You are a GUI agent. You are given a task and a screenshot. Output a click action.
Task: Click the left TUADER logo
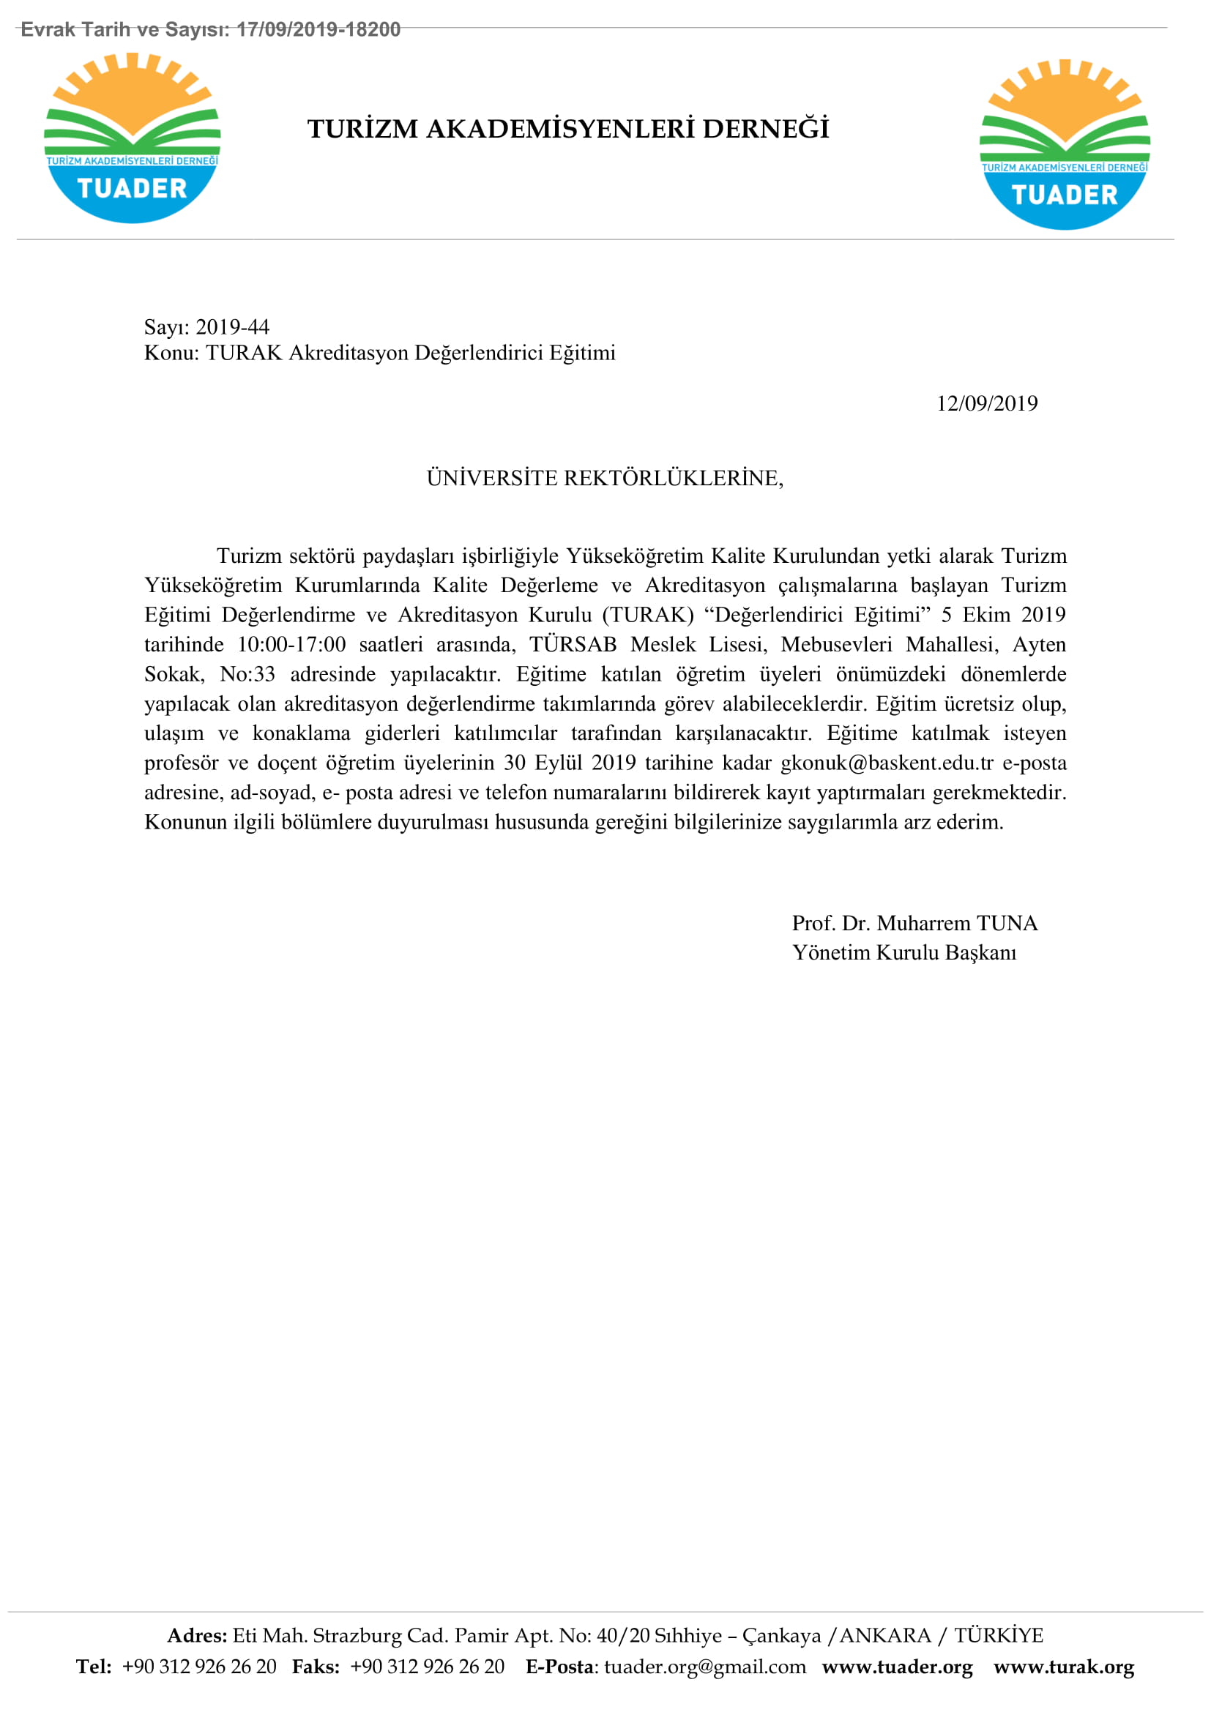click(x=132, y=138)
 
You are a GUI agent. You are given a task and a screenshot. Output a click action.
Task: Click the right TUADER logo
click(x=1064, y=144)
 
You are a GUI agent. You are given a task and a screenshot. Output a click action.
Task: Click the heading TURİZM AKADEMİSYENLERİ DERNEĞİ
click(x=568, y=129)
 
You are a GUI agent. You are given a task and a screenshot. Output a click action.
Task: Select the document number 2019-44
click(x=232, y=326)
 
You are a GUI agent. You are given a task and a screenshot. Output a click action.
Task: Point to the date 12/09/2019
click(x=986, y=403)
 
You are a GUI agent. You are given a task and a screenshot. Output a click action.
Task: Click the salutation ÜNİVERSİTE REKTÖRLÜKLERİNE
click(x=605, y=478)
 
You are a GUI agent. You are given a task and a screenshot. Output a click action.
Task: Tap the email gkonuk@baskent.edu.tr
click(x=887, y=763)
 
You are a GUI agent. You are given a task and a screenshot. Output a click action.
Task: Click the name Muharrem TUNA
click(x=957, y=923)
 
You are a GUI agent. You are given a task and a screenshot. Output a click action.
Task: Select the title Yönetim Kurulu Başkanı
click(x=903, y=952)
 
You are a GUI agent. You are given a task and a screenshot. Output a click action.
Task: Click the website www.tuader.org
click(x=897, y=1667)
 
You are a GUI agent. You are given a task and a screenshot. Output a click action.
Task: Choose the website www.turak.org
click(x=1063, y=1667)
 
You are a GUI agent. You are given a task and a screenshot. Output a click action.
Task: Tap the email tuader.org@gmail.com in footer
click(x=704, y=1667)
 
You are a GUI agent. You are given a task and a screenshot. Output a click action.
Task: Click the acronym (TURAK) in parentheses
click(x=648, y=615)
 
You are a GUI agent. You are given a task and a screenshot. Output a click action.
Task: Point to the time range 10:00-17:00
click(x=291, y=644)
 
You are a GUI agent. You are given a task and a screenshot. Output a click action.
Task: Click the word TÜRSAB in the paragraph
click(x=573, y=644)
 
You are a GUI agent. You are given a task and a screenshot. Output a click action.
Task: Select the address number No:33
click(x=247, y=674)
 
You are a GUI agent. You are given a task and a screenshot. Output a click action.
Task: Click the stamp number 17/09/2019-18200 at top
click(x=318, y=29)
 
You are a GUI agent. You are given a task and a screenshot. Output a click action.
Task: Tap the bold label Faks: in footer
click(x=316, y=1667)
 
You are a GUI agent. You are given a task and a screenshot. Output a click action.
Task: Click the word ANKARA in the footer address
click(x=885, y=1635)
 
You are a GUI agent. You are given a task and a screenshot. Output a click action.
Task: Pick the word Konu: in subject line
click(x=171, y=353)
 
